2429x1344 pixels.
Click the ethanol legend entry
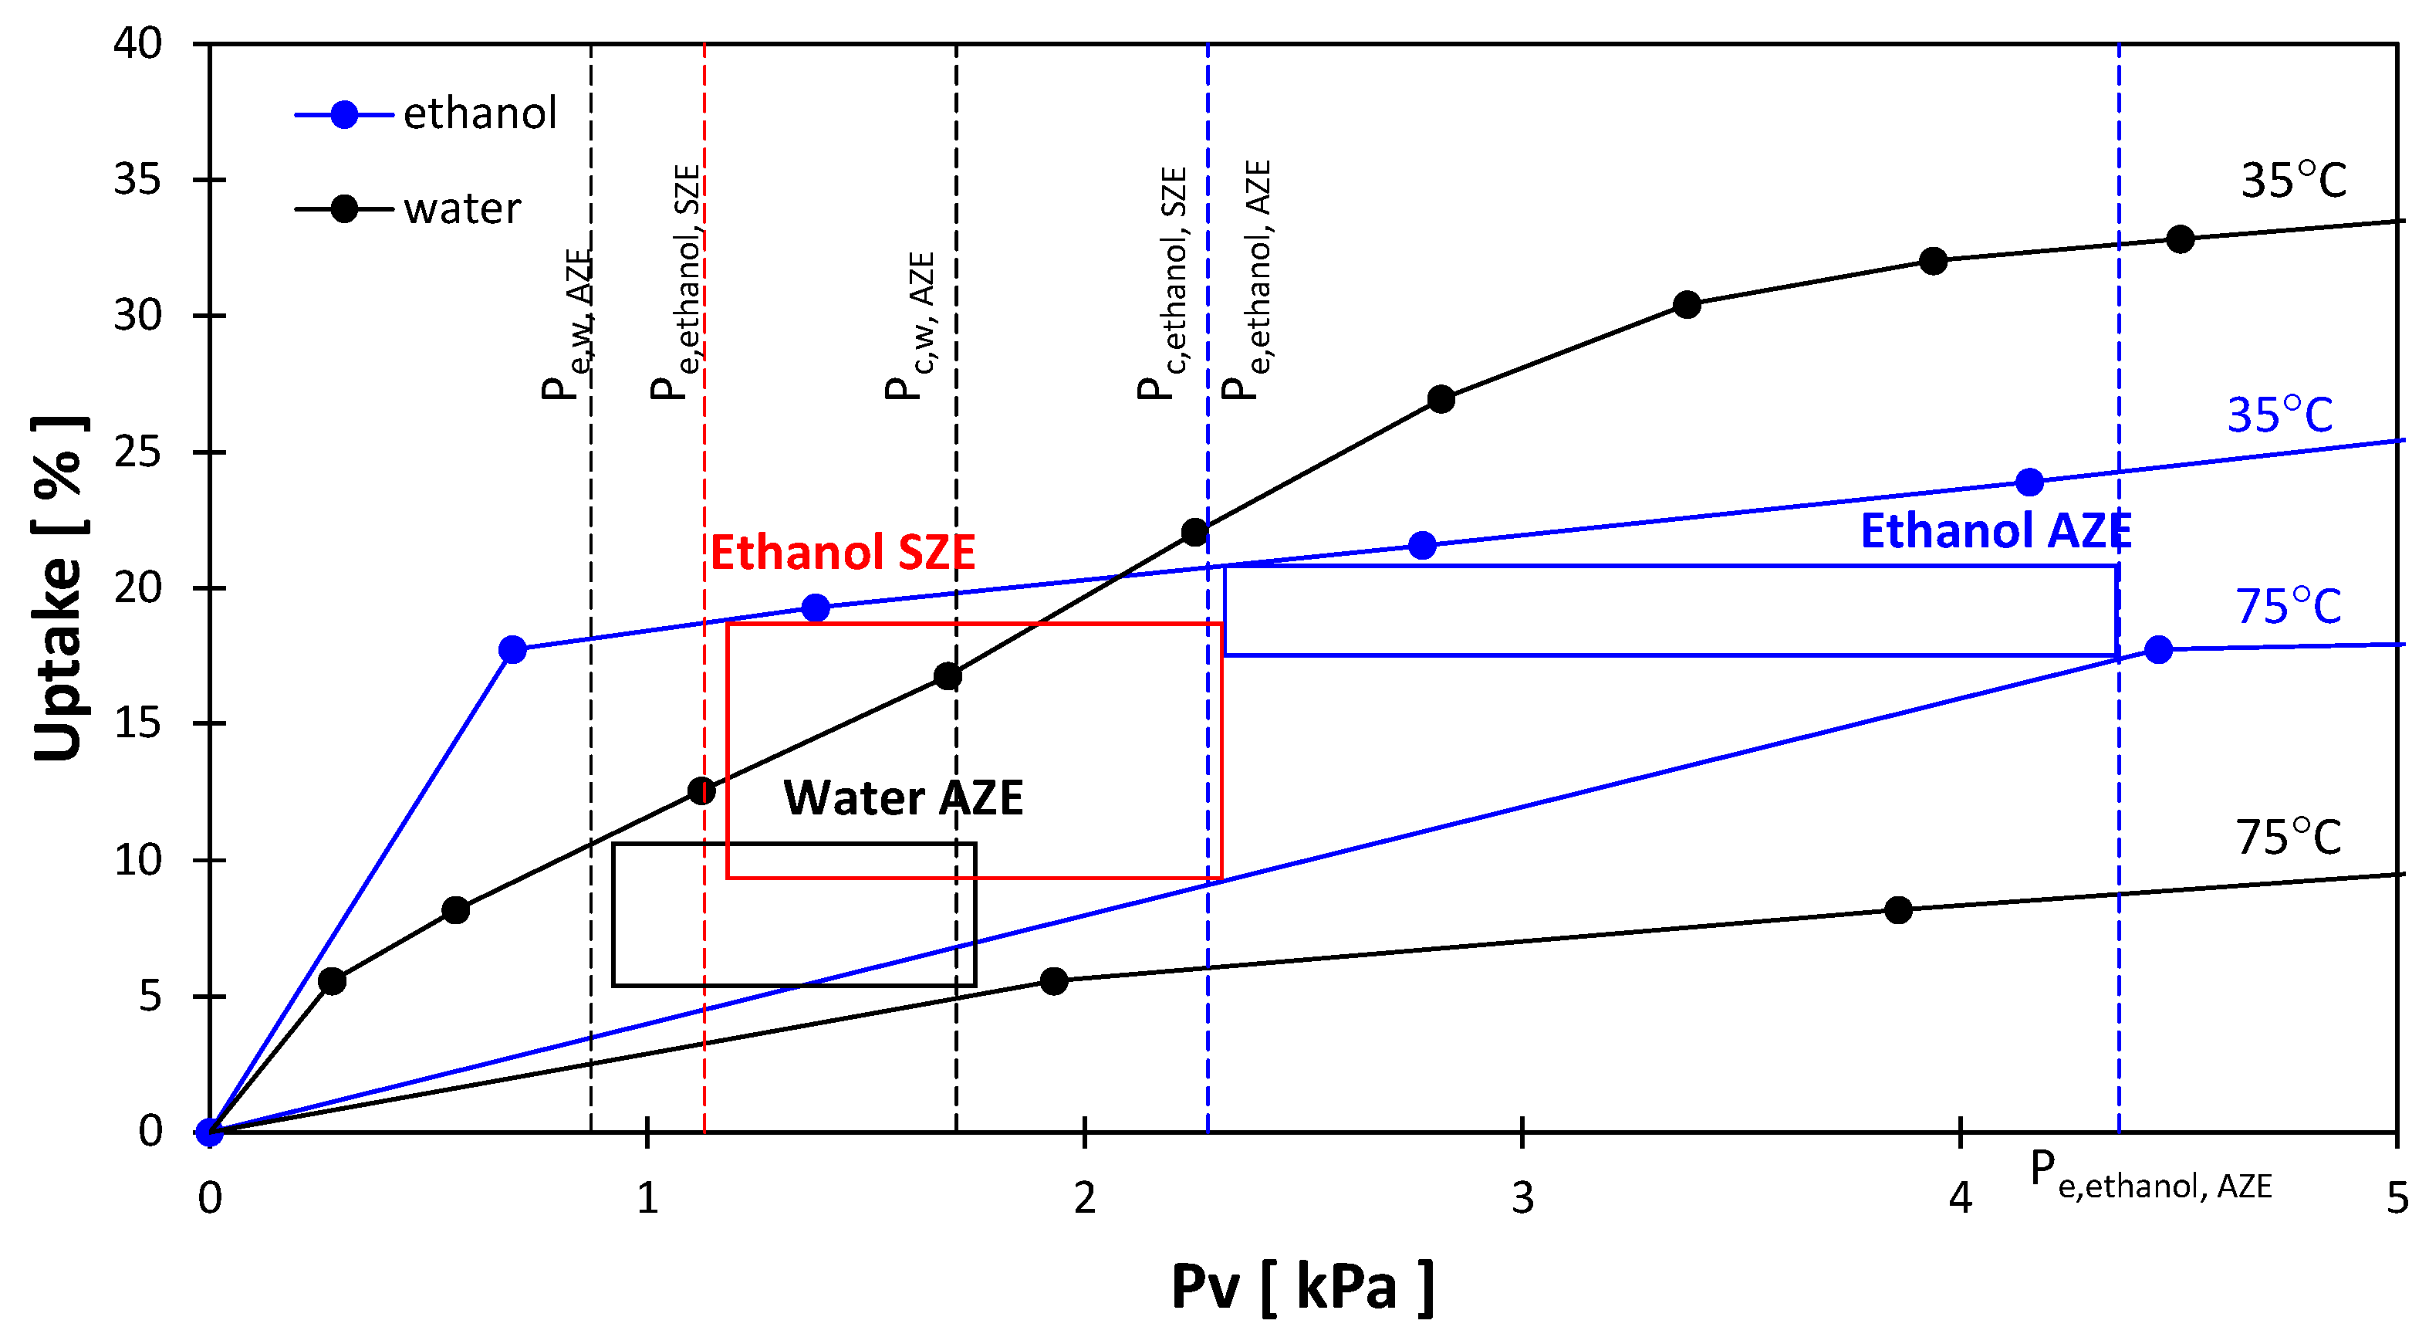click(x=429, y=114)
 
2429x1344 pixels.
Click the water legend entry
click(x=410, y=208)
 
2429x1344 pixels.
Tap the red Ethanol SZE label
click(x=842, y=553)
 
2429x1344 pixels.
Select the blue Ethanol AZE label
click(x=1995, y=531)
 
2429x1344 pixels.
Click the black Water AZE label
click(x=903, y=798)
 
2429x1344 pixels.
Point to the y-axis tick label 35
click(x=137, y=179)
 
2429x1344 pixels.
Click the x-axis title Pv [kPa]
click(x=1301, y=1288)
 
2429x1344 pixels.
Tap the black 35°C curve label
click(x=2292, y=180)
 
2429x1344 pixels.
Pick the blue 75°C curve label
click(x=2288, y=607)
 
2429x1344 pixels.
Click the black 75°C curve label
click(x=2288, y=838)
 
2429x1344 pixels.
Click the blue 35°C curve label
click(x=2279, y=415)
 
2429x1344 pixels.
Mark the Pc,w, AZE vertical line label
click(x=910, y=326)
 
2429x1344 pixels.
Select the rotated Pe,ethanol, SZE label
click(x=676, y=283)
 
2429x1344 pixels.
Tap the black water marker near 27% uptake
click(x=1440, y=400)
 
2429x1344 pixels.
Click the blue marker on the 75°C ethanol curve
click(x=2158, y=650)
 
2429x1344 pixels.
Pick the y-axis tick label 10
click(x=137, y=860)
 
